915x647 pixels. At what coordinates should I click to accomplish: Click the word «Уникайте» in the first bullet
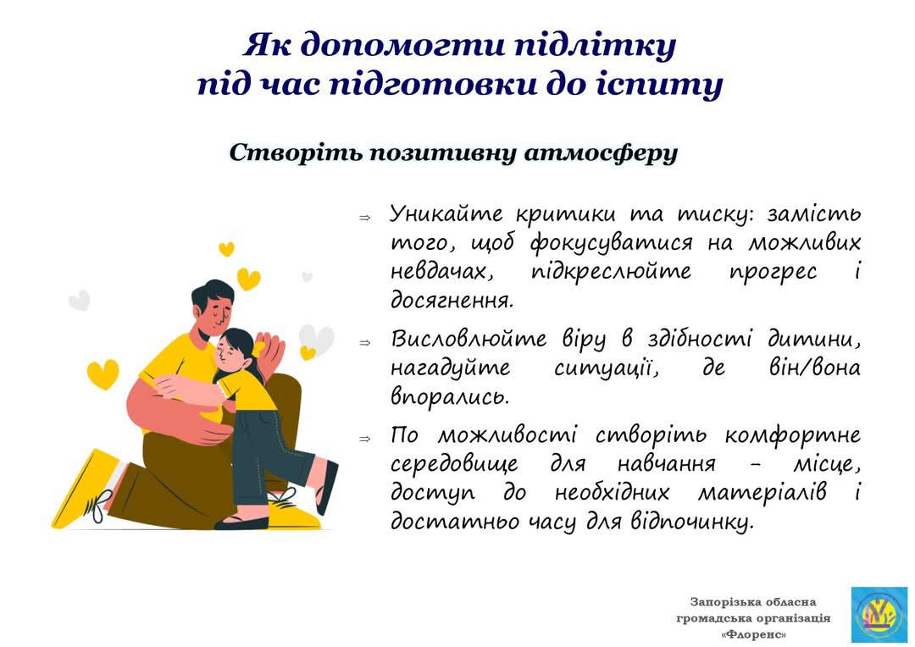point(446,213)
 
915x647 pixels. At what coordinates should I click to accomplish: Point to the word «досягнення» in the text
point(452,301)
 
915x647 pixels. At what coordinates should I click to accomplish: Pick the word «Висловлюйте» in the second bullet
point(469,339)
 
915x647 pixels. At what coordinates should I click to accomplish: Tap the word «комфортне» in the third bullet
point(793,435)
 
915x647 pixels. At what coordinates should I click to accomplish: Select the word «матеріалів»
point(762,493)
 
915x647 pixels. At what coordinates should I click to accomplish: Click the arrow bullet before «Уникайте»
point(364,218)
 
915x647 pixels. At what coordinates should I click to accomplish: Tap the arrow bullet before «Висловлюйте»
point(364,342)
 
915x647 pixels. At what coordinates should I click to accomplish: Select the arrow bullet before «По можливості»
point(364,439)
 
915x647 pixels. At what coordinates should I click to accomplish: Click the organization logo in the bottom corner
point(879,615)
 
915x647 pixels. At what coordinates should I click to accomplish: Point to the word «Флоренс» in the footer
point(753,634)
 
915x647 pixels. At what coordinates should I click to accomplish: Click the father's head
point(213,309)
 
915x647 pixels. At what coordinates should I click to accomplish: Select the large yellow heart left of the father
point(103,374)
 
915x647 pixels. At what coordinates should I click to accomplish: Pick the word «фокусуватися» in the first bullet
point(611,243)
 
